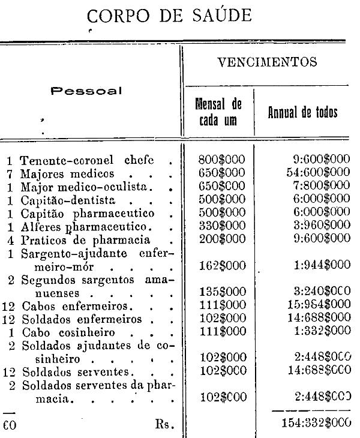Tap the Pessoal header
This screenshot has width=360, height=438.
click(86, 91)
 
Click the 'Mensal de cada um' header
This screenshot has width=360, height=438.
click(219, 113)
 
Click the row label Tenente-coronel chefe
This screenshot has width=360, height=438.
click(87, 160)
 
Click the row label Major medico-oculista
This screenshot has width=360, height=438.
click(87, 185)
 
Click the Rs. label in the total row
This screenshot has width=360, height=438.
click(164, 425)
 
